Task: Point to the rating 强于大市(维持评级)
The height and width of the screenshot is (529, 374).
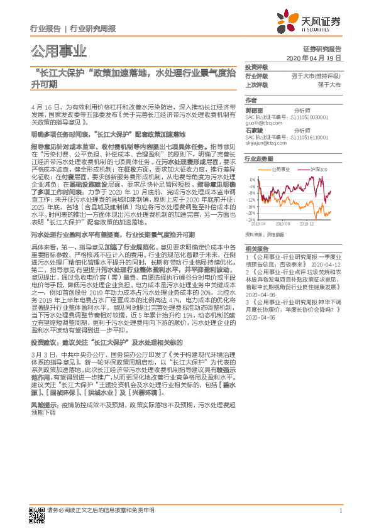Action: click(316, 75)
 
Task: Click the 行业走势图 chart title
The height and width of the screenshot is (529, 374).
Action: click(258, 160)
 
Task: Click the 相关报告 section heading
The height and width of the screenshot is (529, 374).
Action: click(256, 249)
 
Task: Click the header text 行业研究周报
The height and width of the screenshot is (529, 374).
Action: click(93, 29)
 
